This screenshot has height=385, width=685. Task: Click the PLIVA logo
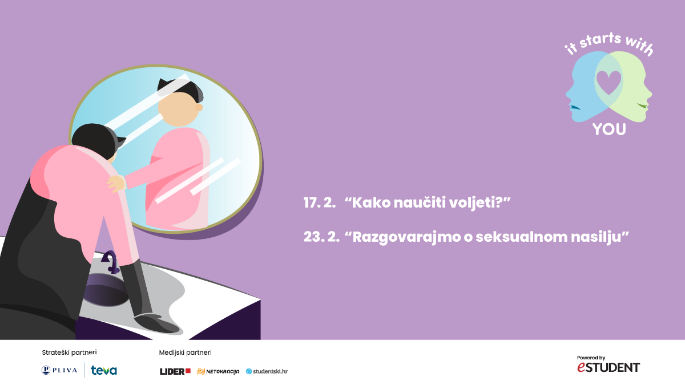coord(59,370)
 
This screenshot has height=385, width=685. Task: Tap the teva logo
coord(104,370)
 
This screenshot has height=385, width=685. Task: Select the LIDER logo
coord(175,371)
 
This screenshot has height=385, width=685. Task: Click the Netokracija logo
coord(218,371)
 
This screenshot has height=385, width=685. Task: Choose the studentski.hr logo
coord(267,371)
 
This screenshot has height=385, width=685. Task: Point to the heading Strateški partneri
coord(69,352)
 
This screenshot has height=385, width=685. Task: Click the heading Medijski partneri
coord(185,352)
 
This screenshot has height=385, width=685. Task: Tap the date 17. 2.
coord(320,202)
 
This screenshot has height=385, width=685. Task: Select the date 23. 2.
coord(321,237)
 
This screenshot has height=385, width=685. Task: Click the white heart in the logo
coord(609,82)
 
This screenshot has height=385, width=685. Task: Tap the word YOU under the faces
coord(609,129)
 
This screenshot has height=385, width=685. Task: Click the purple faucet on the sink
coord(111,262)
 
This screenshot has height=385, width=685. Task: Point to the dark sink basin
coord(106,290)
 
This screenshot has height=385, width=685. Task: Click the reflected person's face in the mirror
coord(179,109)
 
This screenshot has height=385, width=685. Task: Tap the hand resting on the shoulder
coord(116,183)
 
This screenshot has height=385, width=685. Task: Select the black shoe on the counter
coord(156,323)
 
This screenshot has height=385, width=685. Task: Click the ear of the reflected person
coord(199,107)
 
